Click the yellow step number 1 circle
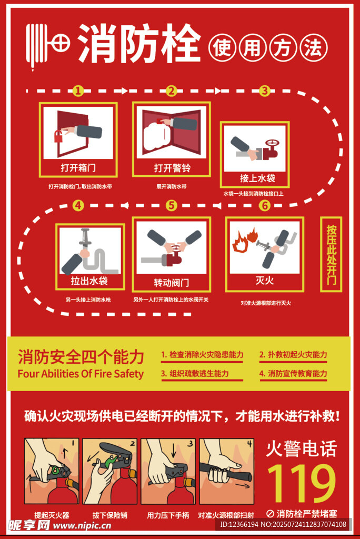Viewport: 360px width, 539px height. tap(78, 91)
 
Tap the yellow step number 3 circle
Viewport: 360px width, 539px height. tap(264, 91)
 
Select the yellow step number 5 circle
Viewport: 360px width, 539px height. tap(171, 206)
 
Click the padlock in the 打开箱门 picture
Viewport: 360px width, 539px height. tap(58, 136)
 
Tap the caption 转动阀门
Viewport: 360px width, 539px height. tap(171, 283)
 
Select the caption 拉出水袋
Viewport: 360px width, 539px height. tap(89, 281)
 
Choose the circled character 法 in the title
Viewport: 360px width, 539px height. tap(314, 47)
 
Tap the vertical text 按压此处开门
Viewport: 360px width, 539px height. tap(331, 255)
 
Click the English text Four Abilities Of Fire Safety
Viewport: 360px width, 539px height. tap(81, 374)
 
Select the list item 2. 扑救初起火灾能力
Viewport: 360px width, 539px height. tap(293, 354)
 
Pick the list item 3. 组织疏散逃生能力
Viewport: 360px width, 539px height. tap(195, 373)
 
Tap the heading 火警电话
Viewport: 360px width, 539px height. tap(301, 449)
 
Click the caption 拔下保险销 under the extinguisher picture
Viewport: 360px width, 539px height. tap(109, 515)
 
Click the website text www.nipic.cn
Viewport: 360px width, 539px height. tap(82, 526)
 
